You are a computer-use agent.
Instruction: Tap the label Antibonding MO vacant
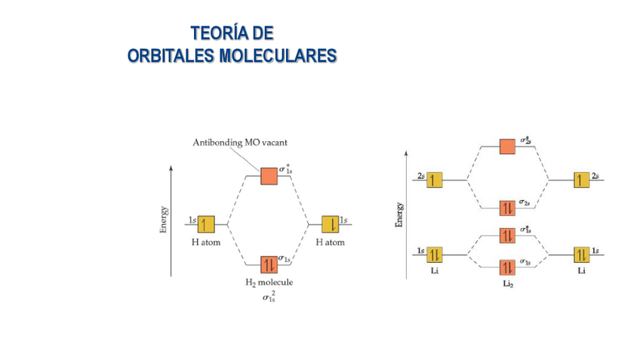click(x=241, y=142)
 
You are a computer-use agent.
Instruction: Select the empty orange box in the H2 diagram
click(x=269, y=176)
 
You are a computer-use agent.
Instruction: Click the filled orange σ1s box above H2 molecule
click(x=269, y=264)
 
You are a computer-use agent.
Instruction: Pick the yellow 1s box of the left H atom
click(x=206, y=224)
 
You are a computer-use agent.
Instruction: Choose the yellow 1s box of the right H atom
click(x=330, y=224)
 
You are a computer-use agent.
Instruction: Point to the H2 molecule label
click(x=269, y=282)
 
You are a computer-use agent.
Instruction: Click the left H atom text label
click(x=205, y=242)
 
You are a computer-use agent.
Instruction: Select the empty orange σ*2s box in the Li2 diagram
click(x=507, y=146)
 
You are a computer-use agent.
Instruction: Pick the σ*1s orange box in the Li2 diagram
click(x=507, y=235)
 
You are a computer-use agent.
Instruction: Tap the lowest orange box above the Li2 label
click(x=507, y=267)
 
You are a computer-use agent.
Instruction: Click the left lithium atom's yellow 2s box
click(x=434, y=180)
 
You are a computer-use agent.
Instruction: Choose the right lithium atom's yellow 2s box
click(x=580, y=180)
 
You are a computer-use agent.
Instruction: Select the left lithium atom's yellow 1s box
click(x=434, y=254)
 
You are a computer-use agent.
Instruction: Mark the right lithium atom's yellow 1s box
click(x=580, y=254)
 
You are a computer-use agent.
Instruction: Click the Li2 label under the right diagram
click(x=507, y=284)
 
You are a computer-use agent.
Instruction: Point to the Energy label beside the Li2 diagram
click(x=399, y=214)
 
